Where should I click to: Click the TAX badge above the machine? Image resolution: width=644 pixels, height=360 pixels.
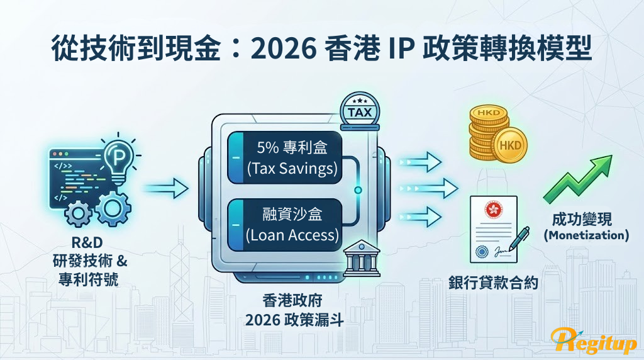tap(360, 111)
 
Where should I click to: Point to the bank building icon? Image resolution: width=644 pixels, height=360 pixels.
tap(361, 258)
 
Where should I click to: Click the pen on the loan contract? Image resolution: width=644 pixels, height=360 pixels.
tap(519, 239)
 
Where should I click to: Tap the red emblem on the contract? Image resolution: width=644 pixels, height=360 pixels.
tap(493, 210)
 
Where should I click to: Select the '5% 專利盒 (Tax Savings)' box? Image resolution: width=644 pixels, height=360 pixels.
tap(285, 157)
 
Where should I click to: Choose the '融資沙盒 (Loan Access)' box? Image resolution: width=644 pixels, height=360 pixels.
tap(285, 225)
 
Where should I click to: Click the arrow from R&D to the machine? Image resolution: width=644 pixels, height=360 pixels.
tap(165, 189)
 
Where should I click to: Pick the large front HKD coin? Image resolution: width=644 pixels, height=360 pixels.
tap(511, 145)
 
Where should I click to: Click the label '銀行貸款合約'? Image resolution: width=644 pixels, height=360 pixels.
tap(493, 283)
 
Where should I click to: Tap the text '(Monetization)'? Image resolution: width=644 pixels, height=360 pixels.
tap(586, 235)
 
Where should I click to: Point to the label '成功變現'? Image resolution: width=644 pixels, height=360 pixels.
tap(582, 219)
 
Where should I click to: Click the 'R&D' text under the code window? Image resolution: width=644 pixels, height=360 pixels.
tap(87, 242)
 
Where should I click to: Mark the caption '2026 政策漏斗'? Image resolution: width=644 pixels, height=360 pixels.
tap(294, 320)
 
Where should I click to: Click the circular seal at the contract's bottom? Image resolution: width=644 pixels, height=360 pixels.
tap(482, 252)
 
